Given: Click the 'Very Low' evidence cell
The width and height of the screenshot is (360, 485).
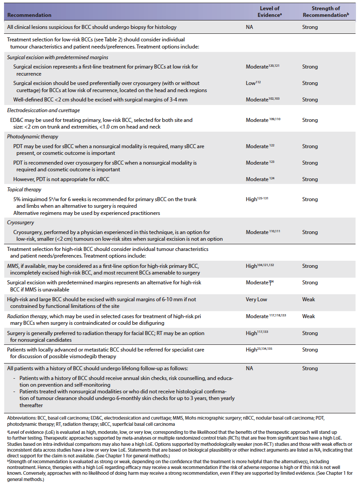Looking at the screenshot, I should [x=256, y=299].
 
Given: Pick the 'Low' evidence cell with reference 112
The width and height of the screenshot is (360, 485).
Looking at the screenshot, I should [x=253, y=83].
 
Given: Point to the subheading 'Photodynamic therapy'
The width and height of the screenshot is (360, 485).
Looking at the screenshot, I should [x=33, y=137].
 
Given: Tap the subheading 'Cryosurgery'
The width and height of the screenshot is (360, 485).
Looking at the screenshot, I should [x=21, y=222].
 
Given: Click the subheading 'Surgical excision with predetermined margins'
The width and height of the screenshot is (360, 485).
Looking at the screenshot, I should [x=58, y=57].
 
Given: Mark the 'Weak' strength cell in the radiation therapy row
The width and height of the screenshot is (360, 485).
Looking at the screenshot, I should [x=309, y=316].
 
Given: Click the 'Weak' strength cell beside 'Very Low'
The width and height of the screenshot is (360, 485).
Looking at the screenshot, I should [x=309, y=299].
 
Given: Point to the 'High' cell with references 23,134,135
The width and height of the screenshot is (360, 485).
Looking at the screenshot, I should [x=259, y=350].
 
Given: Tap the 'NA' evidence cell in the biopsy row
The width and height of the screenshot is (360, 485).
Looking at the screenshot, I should [x=250, y=27].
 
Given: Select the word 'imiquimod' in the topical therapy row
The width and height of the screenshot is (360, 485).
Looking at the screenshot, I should [x=37, y=199].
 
